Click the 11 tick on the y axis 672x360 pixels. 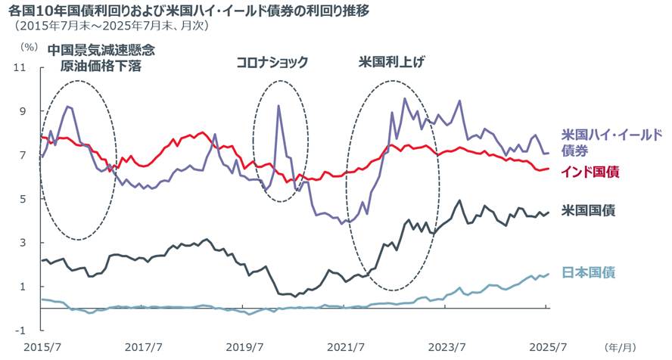[x=21, y=67]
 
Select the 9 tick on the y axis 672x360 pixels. [x=23, y=111]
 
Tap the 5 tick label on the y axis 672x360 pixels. [x=23, y=199]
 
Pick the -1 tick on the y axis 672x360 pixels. [x=22, y=331]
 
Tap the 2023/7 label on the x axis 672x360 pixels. [x=446, y=347]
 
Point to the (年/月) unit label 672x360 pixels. [x=621, y=347]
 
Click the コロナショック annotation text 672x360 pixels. [x=272, y=62]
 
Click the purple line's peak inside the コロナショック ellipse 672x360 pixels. [x=278, y=106]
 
